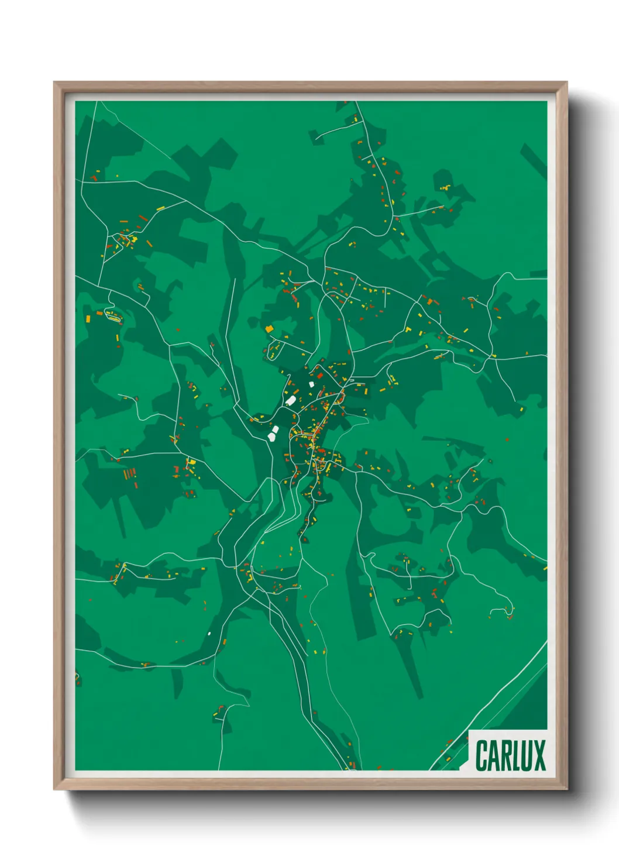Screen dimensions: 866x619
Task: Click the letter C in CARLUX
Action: coord(483,755)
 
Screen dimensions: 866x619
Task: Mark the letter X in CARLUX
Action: coord(541,755)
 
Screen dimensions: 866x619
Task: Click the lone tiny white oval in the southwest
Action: coord(209,633)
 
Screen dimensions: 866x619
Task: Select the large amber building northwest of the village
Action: coord(269,329)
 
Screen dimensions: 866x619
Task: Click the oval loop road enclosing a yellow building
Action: coord(111,317)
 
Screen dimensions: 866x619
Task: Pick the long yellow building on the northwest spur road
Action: coord(160,208)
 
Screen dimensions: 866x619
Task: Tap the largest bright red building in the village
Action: coord(320,375)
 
